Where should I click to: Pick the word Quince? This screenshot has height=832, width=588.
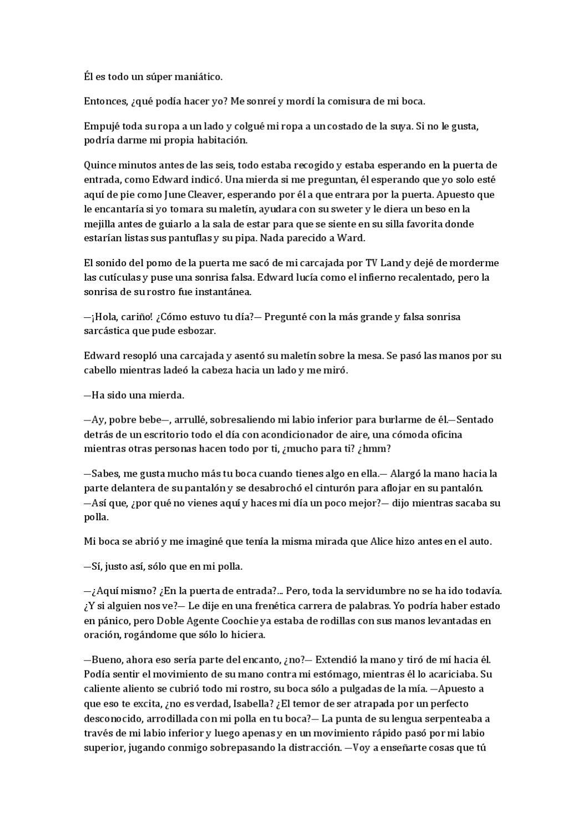click(98, 165)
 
